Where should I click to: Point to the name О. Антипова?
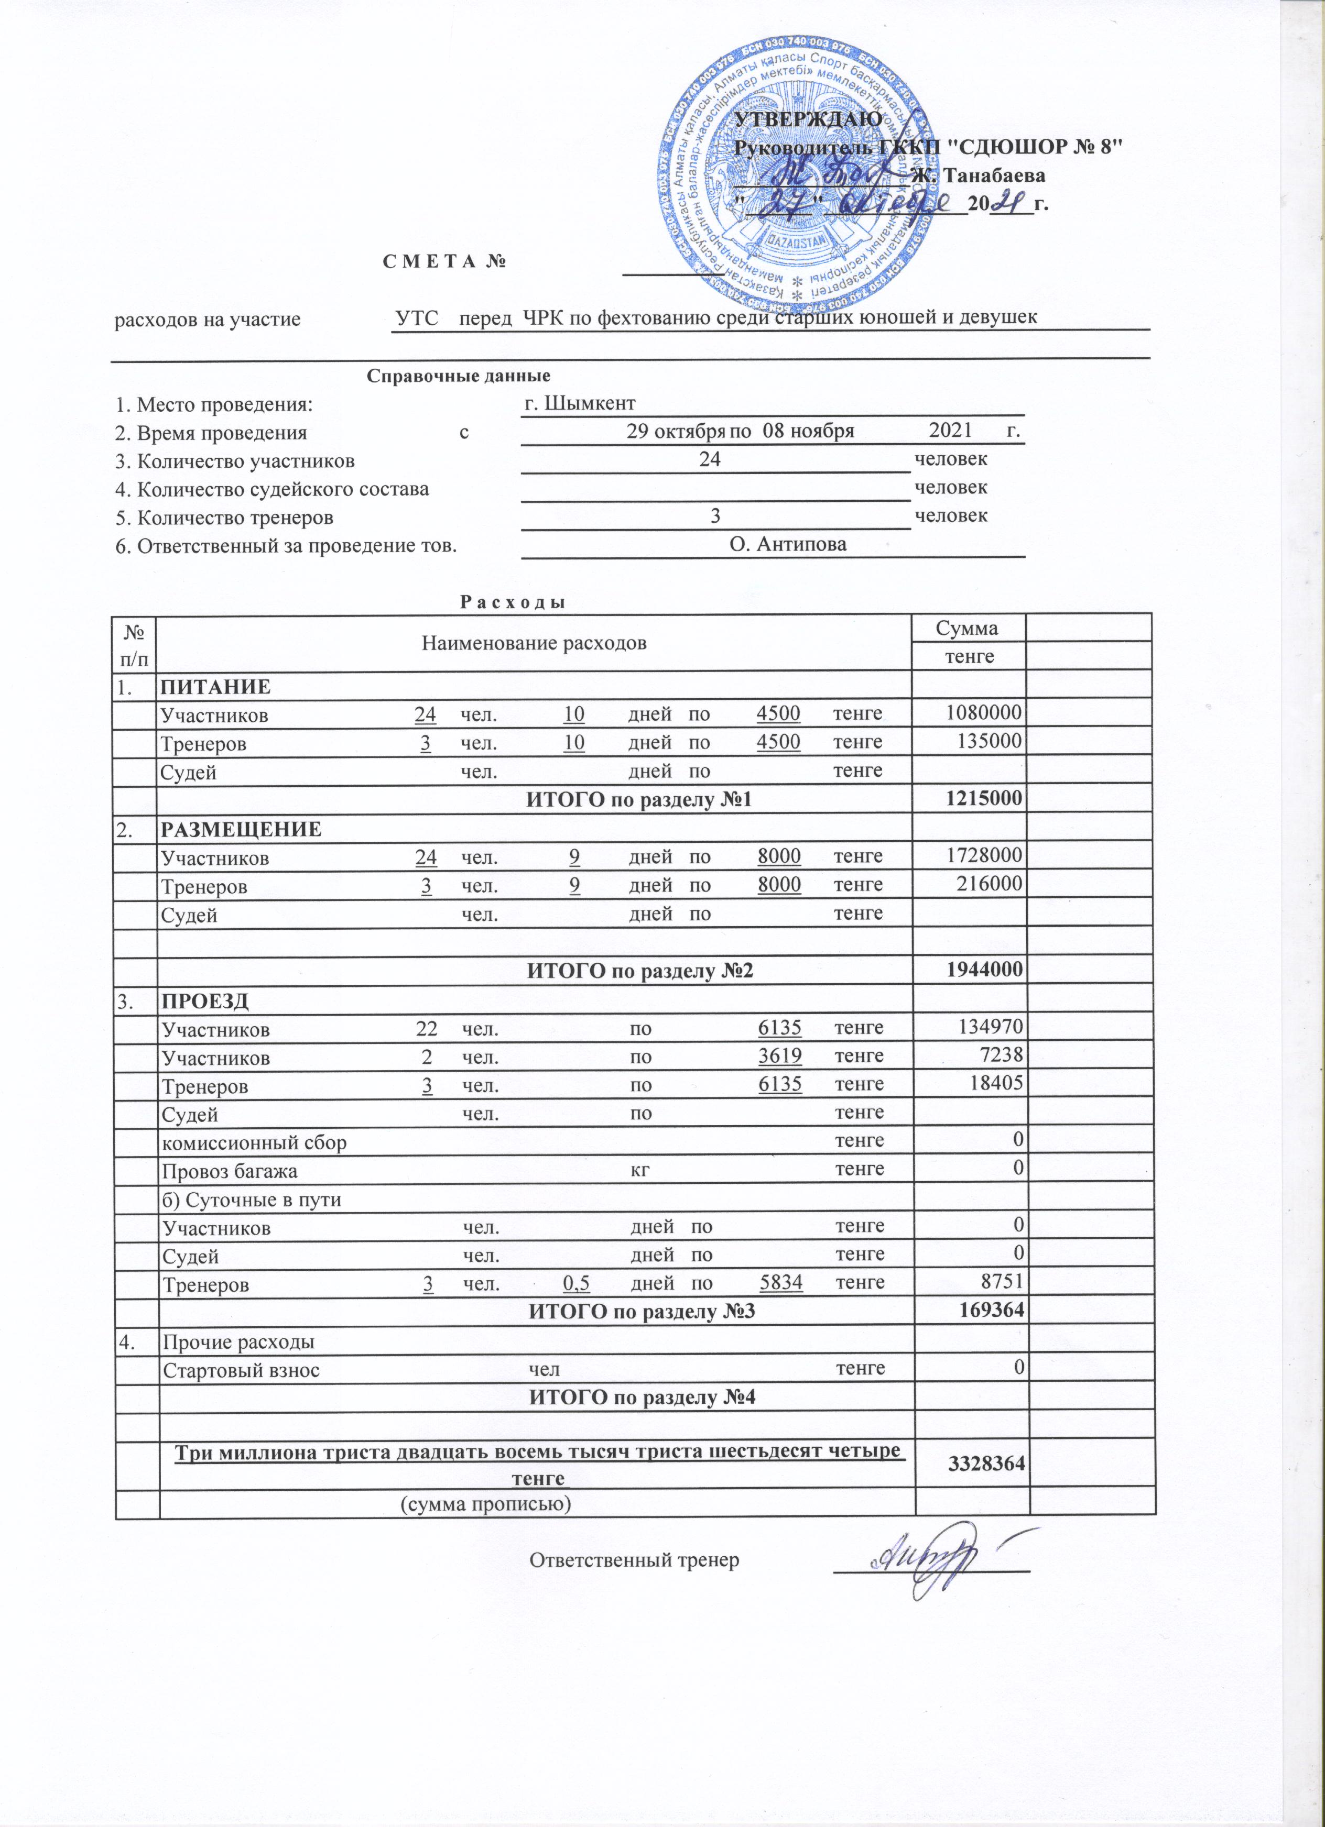788,544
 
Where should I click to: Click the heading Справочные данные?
459,376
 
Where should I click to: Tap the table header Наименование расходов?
534,643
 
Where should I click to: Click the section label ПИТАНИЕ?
215,687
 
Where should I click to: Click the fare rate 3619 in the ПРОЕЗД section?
779,1056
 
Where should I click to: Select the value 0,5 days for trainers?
574,1284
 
